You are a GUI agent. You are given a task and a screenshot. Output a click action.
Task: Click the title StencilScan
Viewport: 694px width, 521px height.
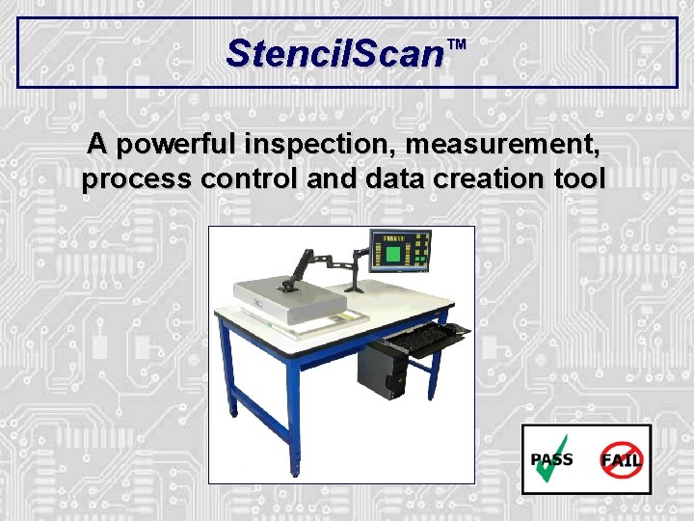click(x=333, y=52)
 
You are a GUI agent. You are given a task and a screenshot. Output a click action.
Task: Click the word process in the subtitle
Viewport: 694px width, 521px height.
click(x=138, y=179)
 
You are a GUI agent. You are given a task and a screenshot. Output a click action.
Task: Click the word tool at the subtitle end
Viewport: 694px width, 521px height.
click(x=578, y=179)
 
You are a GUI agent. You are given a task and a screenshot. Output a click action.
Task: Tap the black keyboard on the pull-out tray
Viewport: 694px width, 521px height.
click(x=418, y=338)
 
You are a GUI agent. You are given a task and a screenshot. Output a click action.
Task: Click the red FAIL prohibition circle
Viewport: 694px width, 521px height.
click(x=621, y=458)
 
